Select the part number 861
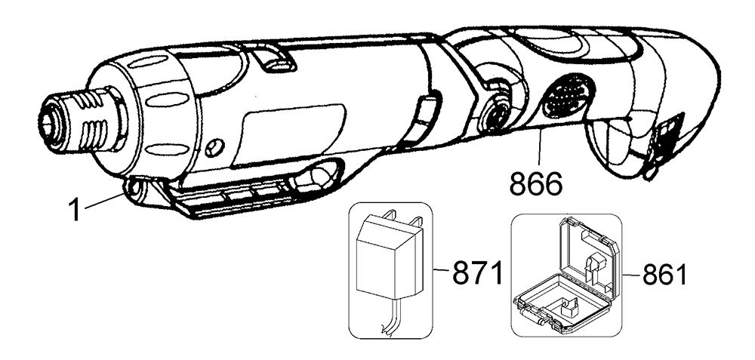664,272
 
